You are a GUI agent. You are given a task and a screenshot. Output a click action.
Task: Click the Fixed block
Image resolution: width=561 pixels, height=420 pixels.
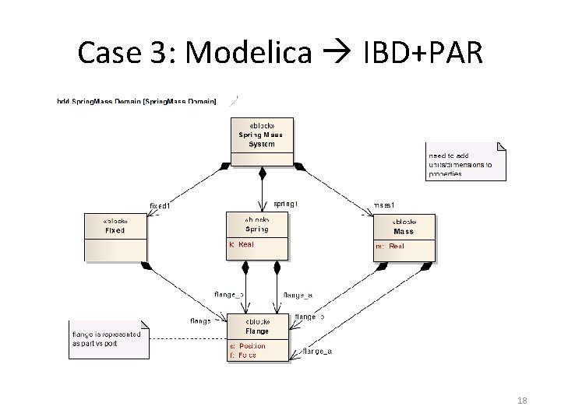(x=115, y=226)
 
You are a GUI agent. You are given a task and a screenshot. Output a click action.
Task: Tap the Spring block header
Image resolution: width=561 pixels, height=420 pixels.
(x=256, y=225)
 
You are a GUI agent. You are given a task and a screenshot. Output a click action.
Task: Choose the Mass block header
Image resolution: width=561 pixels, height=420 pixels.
(x=404, y=226)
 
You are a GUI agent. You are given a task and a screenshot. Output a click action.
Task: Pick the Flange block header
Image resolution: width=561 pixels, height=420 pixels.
(x=257, y=327)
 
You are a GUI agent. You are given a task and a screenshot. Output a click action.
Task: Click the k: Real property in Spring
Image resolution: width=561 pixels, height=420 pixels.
(x=242, y=244)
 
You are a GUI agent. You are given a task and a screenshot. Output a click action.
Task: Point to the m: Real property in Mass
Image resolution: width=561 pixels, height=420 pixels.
(x=390, y=247)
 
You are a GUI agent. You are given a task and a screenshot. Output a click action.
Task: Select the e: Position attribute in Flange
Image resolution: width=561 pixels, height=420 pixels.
(x=248, y=345)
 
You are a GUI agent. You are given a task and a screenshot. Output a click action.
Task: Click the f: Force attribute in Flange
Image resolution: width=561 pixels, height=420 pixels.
(x=243, y=355)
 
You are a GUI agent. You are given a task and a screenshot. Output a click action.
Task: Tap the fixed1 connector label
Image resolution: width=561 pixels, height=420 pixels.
(x=160, y=205)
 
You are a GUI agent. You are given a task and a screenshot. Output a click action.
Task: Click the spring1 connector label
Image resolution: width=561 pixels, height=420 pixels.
(x=285, y=204)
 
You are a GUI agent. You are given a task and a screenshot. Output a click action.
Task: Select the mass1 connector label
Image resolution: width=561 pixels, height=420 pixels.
(x=384, y=205)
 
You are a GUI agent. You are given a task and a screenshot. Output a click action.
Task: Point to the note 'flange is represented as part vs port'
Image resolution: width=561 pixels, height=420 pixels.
(x=106, y=338)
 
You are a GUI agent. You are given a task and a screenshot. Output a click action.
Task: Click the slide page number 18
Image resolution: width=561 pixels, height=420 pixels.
(x=522, y=400)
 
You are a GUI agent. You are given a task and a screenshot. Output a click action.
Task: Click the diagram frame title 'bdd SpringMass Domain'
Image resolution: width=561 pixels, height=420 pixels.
(x=136, y=102)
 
